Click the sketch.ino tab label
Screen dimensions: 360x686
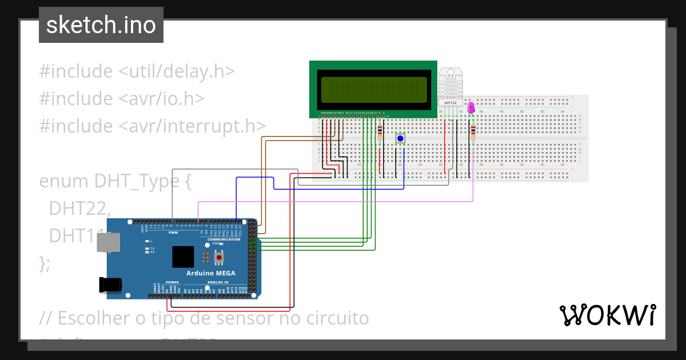click(x=101, y=25)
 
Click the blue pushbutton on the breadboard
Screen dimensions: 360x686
click(x=400, y=138)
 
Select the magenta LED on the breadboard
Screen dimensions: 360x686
click(x=471, y=107)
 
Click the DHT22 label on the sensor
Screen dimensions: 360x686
click(x=450, y=102)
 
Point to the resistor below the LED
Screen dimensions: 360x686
click(x=473, y=133)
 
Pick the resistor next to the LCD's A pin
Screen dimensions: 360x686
click(x=380, y=133)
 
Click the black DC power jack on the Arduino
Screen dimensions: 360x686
click(x=109, y=285)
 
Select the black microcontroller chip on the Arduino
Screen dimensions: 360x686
click(x=184, y=257)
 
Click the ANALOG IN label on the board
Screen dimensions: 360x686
click(x=218, y=282)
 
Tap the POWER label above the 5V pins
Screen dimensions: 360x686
click(x=172, y=282)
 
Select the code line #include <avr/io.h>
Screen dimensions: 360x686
click(x=122, y=98)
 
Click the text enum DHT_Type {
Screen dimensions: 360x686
click(x=114, y=181)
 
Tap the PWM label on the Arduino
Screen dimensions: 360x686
click(x=173, y=233)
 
